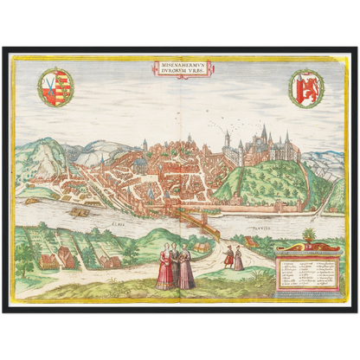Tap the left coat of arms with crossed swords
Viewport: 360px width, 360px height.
[56, 87]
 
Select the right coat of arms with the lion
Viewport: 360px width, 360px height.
[305, 87]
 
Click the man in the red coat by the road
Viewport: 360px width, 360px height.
[228, 257]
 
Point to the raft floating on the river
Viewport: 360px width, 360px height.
[79, 211]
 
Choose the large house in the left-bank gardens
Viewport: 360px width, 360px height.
[62, 257]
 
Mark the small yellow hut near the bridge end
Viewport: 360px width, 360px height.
[200, 247]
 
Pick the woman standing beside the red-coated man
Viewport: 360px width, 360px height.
[238, 258]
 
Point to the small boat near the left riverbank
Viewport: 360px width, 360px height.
[32, 201]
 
